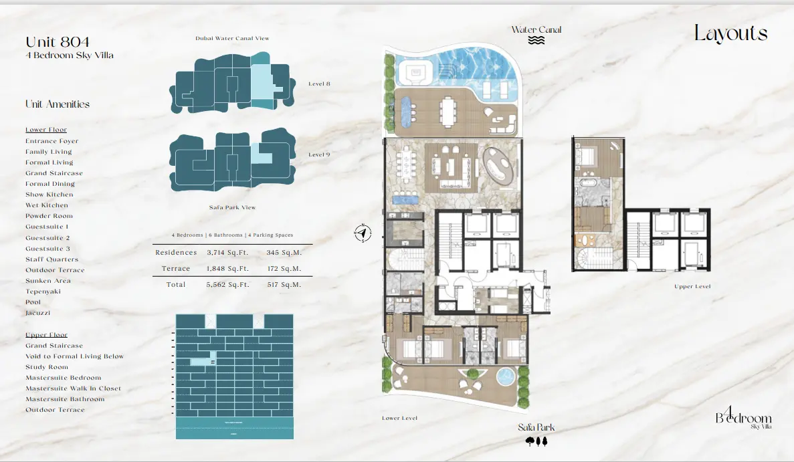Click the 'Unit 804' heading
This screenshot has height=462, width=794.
coord(58,43)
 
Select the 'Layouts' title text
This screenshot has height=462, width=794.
coord(730,33)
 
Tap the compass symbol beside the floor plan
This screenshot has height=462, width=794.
coord(363,233)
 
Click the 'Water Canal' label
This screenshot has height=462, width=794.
coord(536,29)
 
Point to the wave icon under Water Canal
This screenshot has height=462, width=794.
coord(536,40)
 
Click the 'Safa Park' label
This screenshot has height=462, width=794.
coord(536,427)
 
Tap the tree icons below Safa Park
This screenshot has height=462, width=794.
coord(536,441)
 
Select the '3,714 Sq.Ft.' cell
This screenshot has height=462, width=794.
coord(227,253)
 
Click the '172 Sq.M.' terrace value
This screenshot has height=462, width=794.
coord(284,269)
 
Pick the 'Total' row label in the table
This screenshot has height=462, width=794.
coord(176,285)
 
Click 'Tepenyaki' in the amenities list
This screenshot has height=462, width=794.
coord(43,292)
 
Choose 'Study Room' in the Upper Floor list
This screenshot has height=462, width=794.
coord(47,367)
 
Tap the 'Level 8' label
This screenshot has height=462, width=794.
coord(319,84)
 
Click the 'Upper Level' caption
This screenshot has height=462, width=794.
coord(692,286)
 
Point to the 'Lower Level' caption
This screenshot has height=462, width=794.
coord(400,418)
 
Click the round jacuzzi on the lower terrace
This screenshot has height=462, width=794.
coord(505,376)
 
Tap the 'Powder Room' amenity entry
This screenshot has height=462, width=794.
coord(49,216)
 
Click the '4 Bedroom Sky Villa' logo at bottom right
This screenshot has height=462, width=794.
coord(743,418)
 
